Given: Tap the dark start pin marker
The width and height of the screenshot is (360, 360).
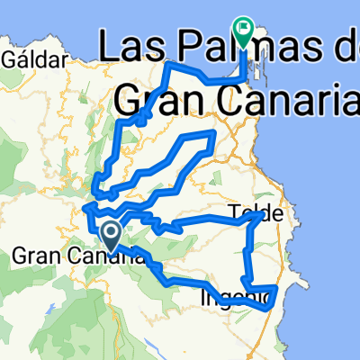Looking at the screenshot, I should [x=112, y=236].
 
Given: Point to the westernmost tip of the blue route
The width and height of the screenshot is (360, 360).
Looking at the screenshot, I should [x=84, y=209].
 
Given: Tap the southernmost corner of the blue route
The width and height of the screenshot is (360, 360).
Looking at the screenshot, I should [x=267, y=308].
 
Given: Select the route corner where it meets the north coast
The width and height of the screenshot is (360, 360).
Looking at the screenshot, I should [x=170, y=63].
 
